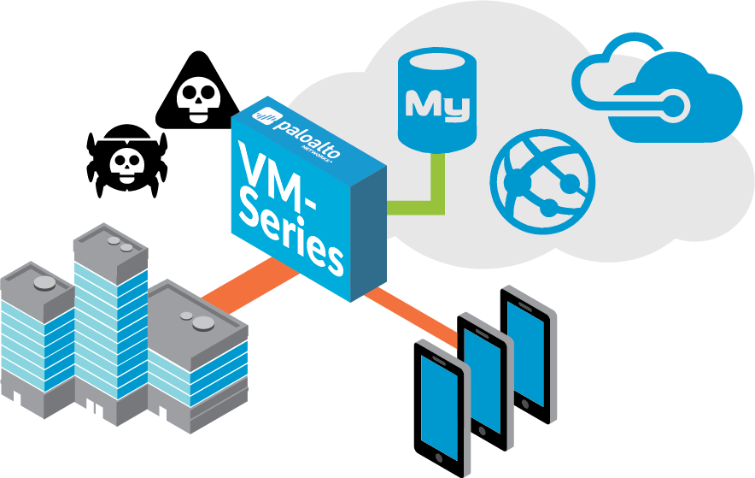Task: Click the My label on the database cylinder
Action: (x=438, y=106)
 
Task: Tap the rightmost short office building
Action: (x=196, y=359)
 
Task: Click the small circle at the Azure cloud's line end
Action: (x=675, y=105)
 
